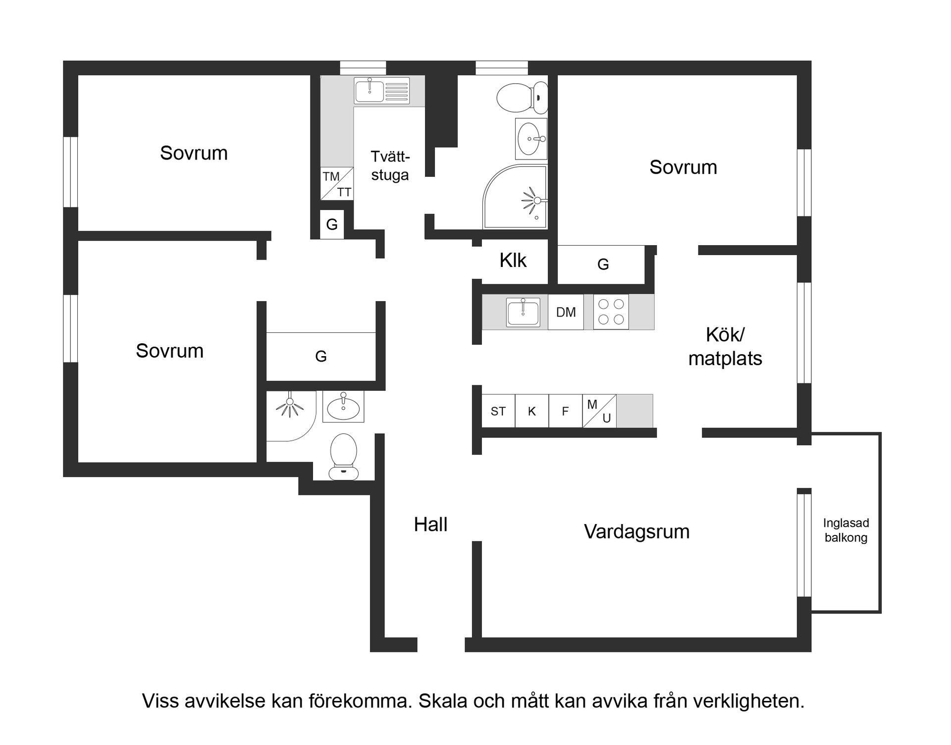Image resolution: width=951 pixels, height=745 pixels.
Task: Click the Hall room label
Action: click(430, 525)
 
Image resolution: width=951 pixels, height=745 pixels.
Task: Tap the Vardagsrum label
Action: click(636, 532)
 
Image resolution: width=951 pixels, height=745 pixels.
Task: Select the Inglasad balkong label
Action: click(845, 530)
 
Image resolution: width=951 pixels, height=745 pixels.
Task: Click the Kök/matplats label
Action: click(725, 346)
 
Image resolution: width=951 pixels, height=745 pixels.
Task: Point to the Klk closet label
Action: click(513, 261)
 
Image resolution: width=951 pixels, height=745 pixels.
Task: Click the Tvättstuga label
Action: click(390, 166)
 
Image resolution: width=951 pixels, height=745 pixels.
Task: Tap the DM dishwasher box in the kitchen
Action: click(566, 312)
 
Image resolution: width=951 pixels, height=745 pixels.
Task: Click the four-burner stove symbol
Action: click(611, 312)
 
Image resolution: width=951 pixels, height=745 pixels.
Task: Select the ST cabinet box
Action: click(498, 411)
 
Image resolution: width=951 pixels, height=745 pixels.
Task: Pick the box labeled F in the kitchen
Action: click(565, 411)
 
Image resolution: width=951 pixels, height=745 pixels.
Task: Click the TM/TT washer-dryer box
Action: click(337, 184)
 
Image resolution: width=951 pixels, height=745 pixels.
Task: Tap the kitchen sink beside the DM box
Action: click(523, 313)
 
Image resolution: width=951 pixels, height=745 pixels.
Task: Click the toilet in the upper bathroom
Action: click(522, 97)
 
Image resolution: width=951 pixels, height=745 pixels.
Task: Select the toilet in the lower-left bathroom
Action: click(343, 456)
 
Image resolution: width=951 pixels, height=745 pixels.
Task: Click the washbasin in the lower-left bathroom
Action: click(343, 406)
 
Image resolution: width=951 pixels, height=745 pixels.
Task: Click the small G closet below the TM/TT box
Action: click(332, 224)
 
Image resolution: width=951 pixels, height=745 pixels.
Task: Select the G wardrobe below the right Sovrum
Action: click(602, 265)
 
